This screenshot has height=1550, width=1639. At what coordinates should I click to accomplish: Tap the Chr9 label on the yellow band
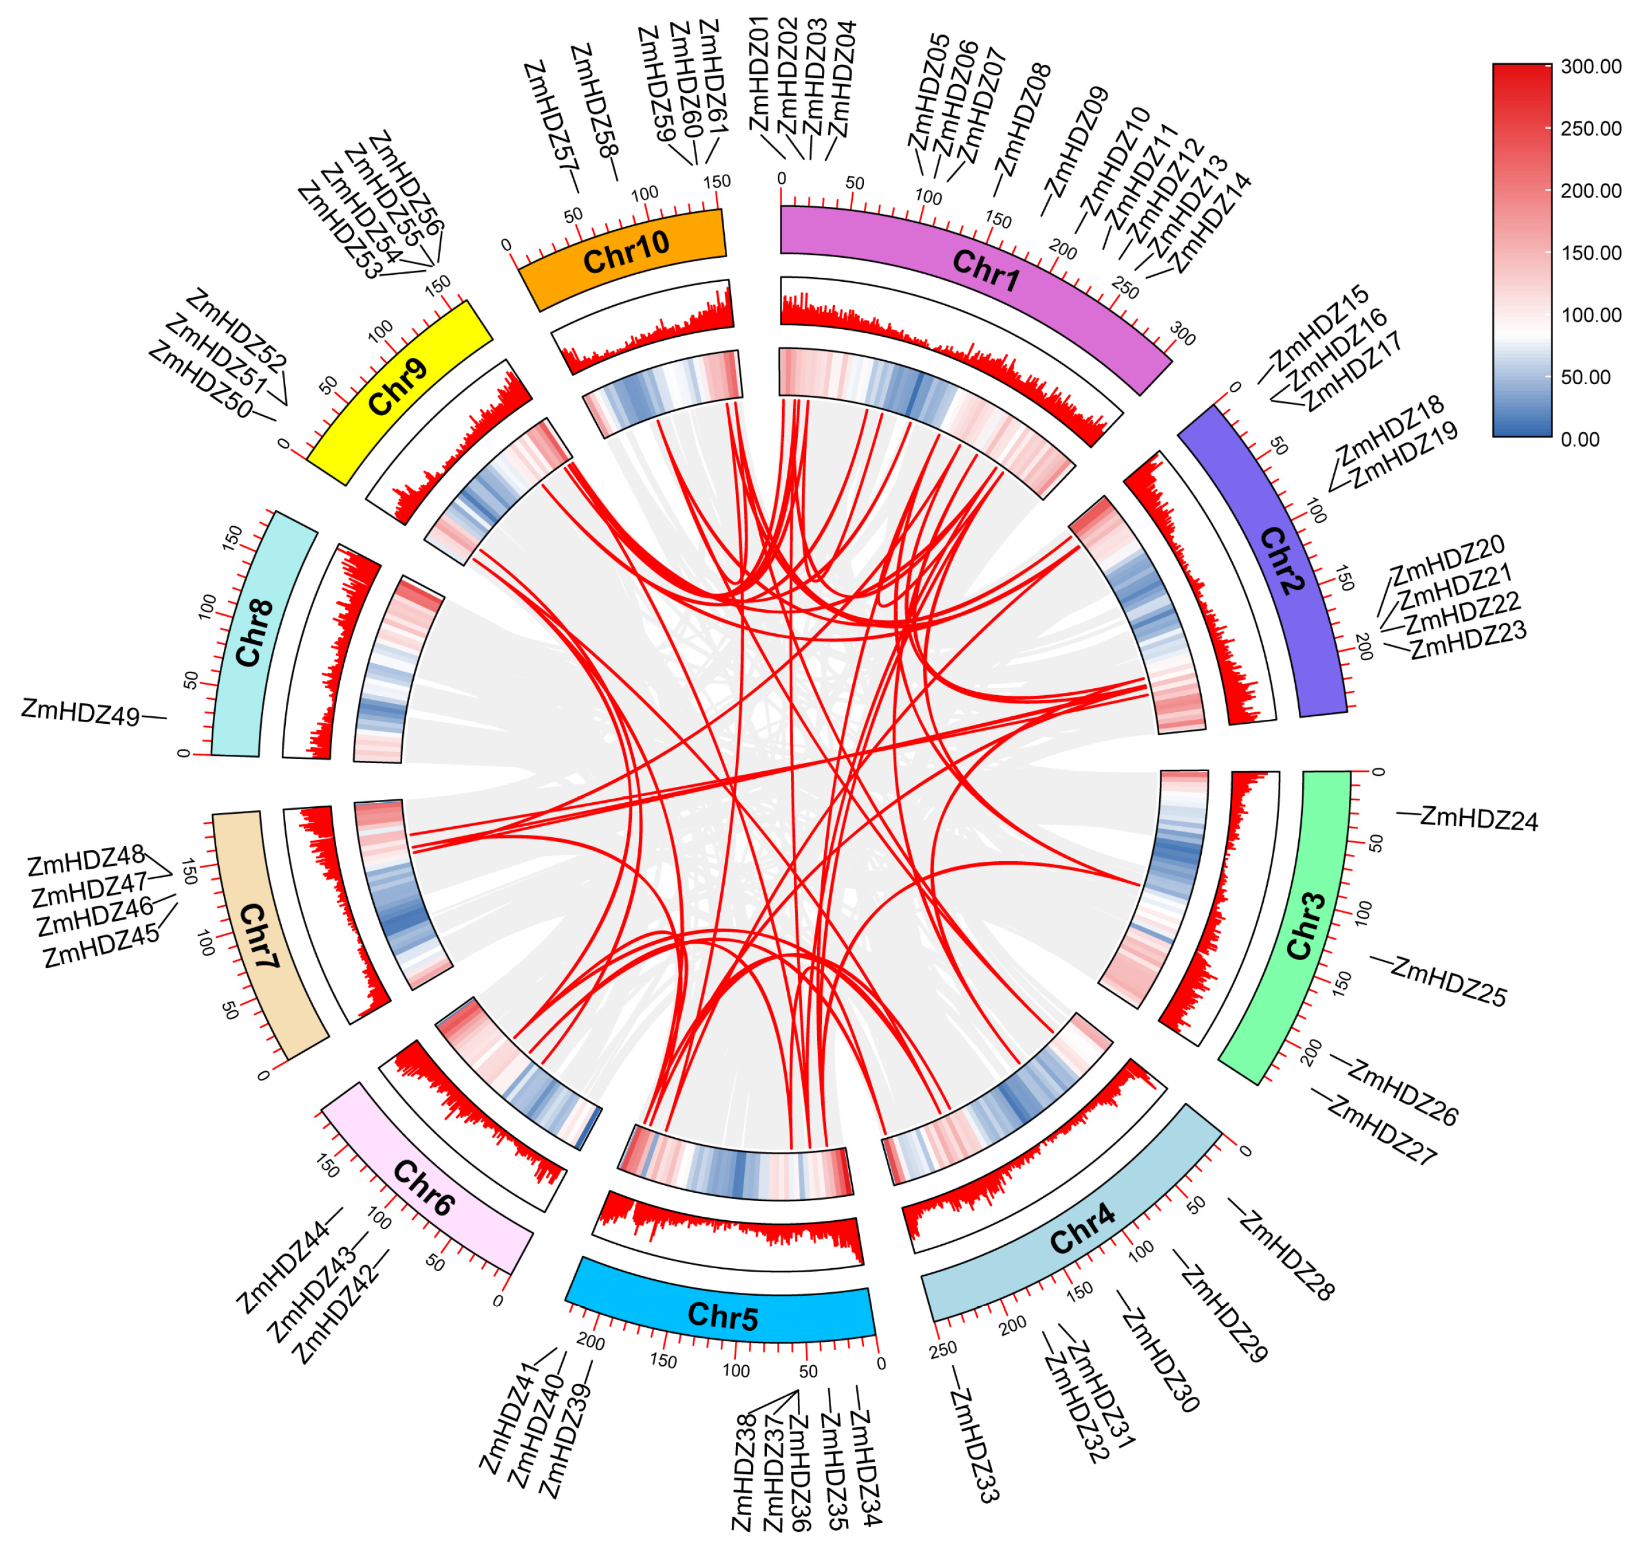pyautogui.click(x=398, y=386)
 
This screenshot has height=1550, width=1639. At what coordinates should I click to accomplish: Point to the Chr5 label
pyautogui.click(x=722, y=1316)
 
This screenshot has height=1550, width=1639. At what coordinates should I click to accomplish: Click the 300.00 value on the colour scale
pyautogui.click(x=1591, y=67)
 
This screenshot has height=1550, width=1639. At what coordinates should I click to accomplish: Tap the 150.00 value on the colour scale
pyautogui.click(x=1591, y=253)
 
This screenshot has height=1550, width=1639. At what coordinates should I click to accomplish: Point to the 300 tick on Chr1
pyautogui.click(x=1182, y=334)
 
